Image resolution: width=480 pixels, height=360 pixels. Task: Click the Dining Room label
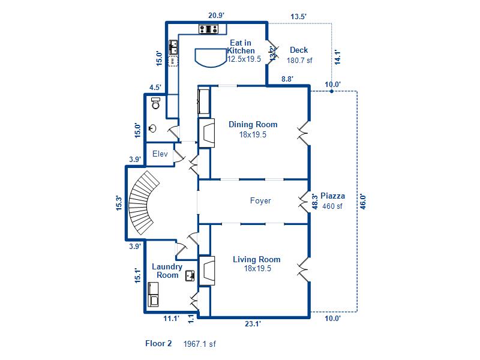[x=253, y=124]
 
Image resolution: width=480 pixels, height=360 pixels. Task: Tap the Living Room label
[x=256, y=260]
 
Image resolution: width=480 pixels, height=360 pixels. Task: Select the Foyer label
[x=260, y=201]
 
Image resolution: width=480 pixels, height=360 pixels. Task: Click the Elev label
[x=160, y=154]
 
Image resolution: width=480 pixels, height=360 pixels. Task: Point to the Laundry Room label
[x=167, y=271]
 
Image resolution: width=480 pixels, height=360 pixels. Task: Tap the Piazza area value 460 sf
[x=331, y=206]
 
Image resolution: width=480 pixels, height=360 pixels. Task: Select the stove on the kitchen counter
[x=208, y=28]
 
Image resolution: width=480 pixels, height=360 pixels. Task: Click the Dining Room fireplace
[x=208, y=133]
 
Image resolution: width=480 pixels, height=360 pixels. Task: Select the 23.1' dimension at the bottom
[x=252, y=323]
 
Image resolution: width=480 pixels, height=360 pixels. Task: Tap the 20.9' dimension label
[x=217, y=16]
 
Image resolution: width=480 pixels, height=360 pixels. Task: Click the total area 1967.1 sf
[x=200, y=344]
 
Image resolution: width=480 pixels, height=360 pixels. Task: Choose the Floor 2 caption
[x=158, y=344]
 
